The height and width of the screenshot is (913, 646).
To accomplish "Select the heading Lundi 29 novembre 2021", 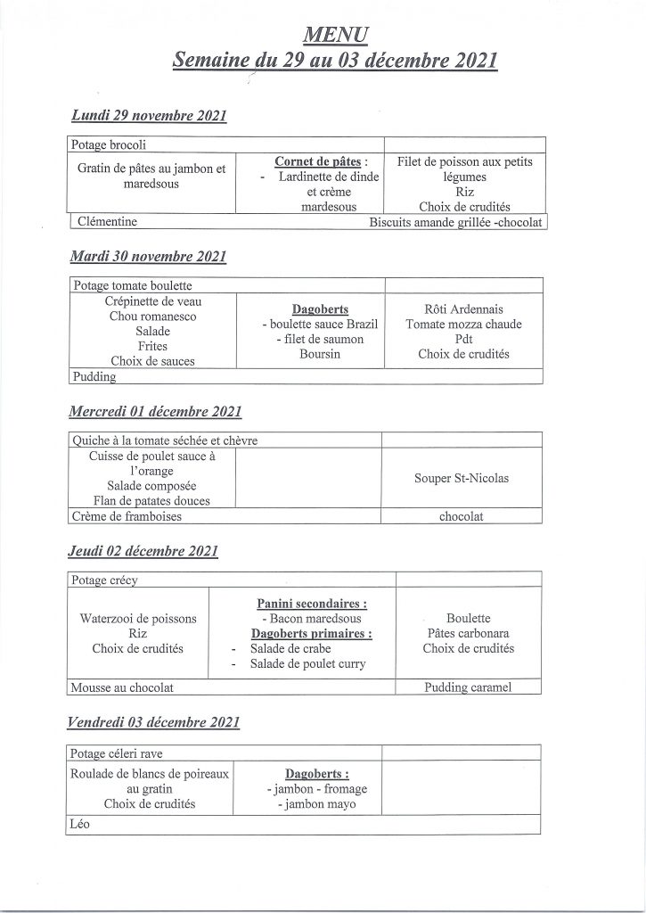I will click(x=149, y=116).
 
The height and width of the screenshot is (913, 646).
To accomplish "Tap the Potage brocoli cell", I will click(x=109, y=145).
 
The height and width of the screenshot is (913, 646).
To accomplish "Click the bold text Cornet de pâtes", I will click(x=316, y=161).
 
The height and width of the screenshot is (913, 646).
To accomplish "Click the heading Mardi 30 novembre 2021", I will click(x=148, y=256).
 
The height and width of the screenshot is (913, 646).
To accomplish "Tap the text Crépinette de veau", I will click(x=151, y=301).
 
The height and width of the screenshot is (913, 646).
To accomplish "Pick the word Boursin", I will click(x=307, y=354).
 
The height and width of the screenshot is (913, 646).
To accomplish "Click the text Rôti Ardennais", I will click(x=463, y=308).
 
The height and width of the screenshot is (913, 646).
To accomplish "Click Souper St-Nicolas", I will click(x=462, y=478).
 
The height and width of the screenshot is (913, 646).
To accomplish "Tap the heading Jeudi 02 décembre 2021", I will click(x=143, y=551).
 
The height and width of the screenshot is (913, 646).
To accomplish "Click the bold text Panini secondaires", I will click(x=311, y=604).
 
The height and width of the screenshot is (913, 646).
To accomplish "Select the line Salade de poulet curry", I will click(x=308, y=663).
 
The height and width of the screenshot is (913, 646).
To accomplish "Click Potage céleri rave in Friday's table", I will click(x=117, y=753).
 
